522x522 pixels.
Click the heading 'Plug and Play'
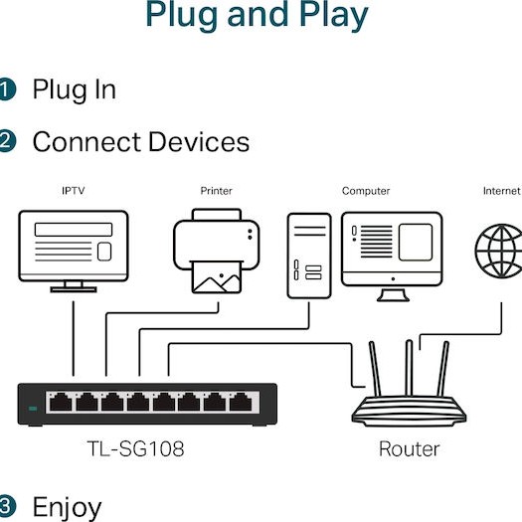tap(257, 15)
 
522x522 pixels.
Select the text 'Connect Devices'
tap(140, 141)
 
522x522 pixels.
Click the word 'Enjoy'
tap(67, 506)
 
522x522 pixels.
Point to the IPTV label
tap(74, 191)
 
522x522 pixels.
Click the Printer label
tap(216, 191)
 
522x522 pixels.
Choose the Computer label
tap(366, 191)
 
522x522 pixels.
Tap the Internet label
tap(501, 191)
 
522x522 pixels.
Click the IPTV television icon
tap(74, 250)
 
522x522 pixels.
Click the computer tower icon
tap(309, 255)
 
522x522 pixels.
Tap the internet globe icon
tap(498, 252)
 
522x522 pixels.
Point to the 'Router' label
tap(409, 448)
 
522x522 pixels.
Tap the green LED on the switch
tap(33, 408)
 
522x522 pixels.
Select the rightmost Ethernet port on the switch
tap(239, 402)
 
